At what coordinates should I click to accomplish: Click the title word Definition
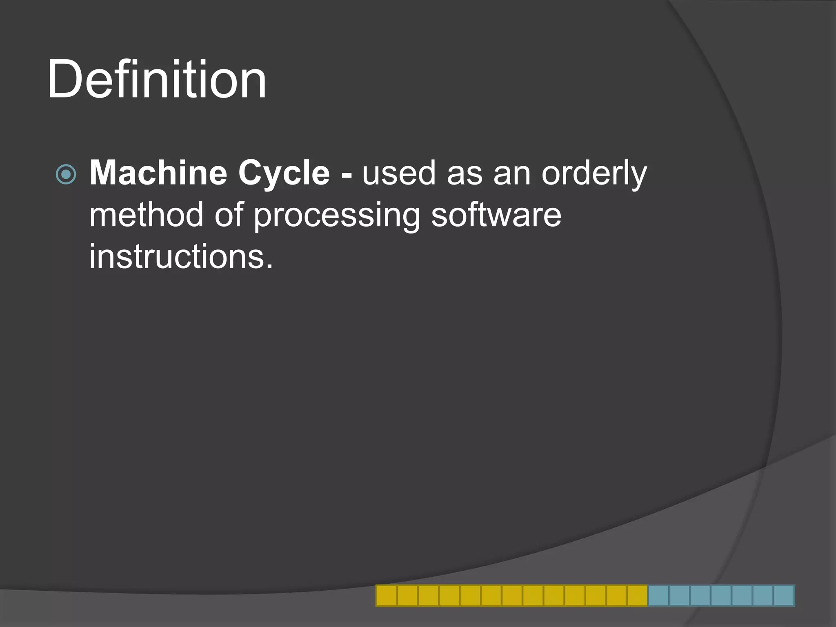click(x=157, y=79)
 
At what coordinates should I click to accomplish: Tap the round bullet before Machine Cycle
click(x=66, y=174)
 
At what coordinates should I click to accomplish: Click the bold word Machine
click(x=158, y=173)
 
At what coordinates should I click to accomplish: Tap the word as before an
click(x=465, y=175)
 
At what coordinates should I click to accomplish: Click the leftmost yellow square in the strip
click(x=386, y=596)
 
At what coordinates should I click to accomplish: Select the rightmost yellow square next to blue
click(x=637, y=596)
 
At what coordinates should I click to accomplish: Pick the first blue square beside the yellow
click(x=658, y=596)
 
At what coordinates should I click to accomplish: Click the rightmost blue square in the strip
click(x=784, y=596)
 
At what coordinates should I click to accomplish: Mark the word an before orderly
click(x=512, y=175)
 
